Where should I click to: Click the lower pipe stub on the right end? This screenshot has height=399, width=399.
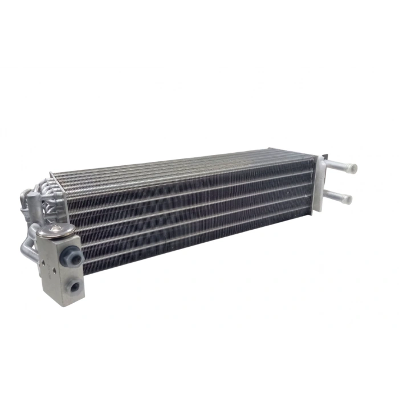point(339,196)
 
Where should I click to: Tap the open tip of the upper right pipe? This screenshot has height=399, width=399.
point(353,169)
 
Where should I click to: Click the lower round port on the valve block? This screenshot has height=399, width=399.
point(73,286)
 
